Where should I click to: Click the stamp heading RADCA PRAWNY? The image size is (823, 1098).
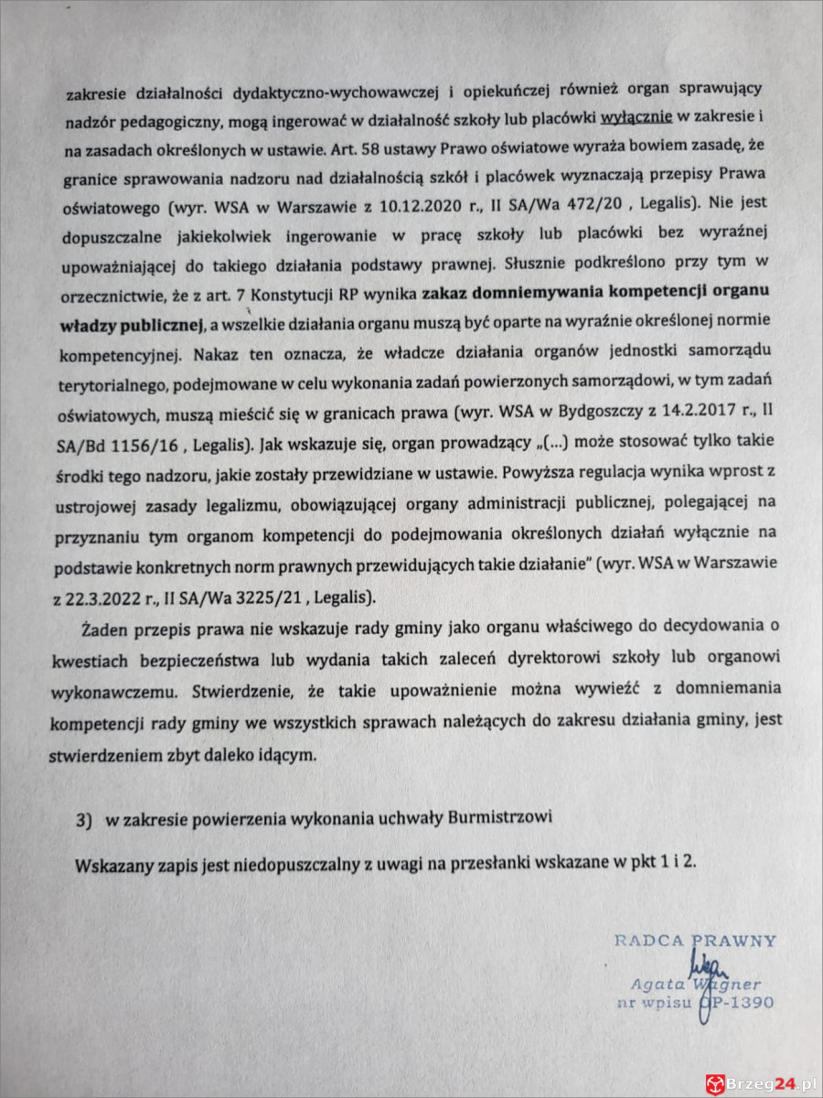coord(695,940)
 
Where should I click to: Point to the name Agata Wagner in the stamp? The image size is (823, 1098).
coord(694,985)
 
